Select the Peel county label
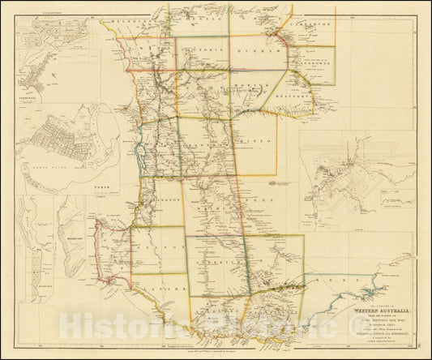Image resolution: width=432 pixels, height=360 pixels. (x=259, y=197)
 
